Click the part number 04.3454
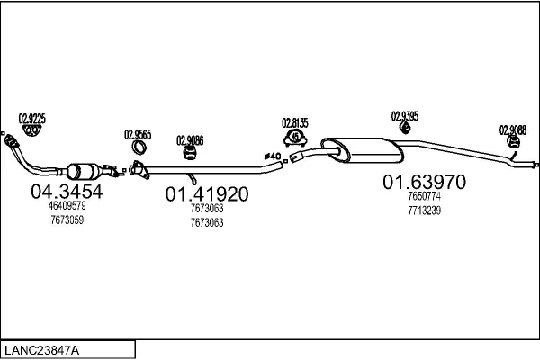67,192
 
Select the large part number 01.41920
207,194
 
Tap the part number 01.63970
424,182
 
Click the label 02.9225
32,119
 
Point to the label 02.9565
138,134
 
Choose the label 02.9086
190,140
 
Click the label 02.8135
295,123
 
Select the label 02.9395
405,116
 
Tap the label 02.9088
513,130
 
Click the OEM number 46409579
67,206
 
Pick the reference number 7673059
67,220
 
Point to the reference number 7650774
424,196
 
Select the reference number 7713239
424,211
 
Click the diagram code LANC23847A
41,350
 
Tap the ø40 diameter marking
273,157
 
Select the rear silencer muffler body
363,150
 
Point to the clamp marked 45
295,138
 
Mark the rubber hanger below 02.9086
189,153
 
